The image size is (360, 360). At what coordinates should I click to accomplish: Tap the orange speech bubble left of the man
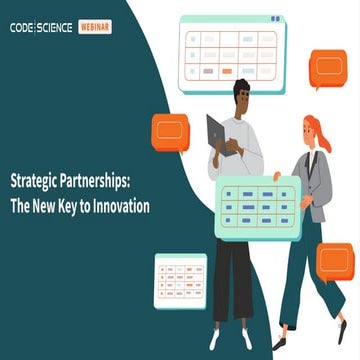[x=169, y=129]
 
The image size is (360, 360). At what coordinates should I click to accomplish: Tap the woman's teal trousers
[x=300, y=270]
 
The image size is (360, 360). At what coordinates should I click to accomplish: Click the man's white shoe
[x=216, y=339]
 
